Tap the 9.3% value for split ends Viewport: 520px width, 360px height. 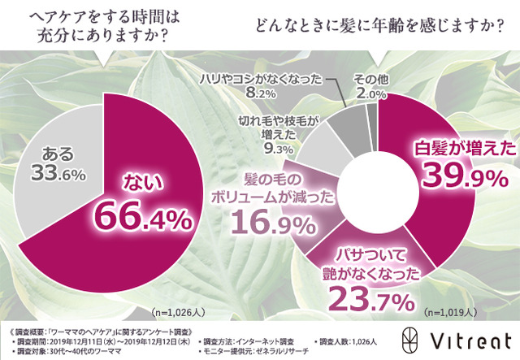(x=277, y=150)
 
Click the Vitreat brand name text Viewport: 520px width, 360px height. (x=474, y=337)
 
